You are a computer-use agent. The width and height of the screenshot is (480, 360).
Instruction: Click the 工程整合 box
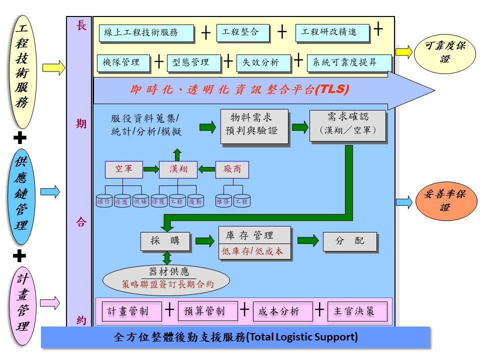click(243, 32)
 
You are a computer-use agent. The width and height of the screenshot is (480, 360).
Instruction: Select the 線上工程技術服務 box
click(146, 33)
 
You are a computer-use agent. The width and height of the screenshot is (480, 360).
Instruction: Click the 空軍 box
click(123, 169)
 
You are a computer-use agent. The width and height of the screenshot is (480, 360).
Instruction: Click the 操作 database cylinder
click(104, 201)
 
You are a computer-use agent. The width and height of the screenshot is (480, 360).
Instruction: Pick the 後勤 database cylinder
click(195, 201)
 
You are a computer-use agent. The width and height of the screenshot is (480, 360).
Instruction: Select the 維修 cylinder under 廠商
click(223, 201)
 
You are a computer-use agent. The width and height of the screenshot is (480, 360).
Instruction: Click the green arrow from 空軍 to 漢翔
click(150, 169)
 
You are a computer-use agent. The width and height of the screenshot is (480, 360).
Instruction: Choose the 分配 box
click(349, 241)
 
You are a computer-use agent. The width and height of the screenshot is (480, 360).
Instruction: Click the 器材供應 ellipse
click(166, 278)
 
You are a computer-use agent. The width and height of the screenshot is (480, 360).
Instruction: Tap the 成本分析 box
click(282, 311)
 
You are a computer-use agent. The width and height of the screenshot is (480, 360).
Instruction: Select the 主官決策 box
click(356, 311)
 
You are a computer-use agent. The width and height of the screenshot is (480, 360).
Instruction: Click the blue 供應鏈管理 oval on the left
click(21, 196)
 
